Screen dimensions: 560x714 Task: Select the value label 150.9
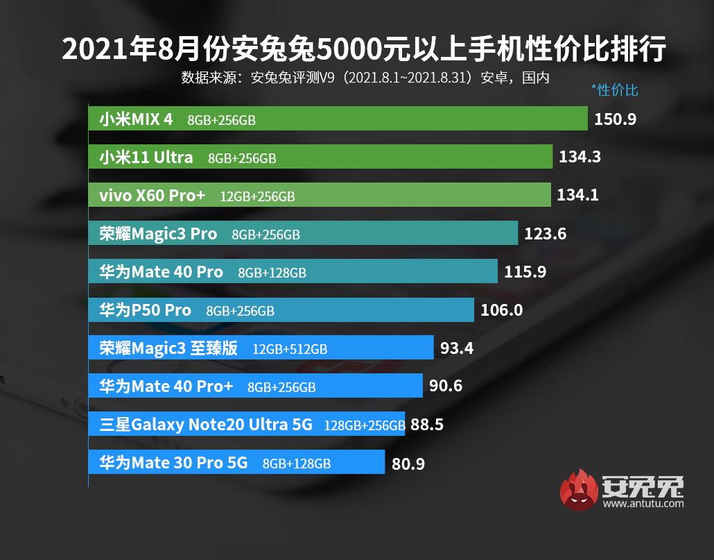pyautogui.click(x=615, y=119)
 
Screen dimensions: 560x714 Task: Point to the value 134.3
pyautogui.click(x=580, y=158)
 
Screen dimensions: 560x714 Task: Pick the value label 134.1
pyautogui.click(x=577, y=196)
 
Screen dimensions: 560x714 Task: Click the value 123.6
pyautogui.click(x=545, y=234)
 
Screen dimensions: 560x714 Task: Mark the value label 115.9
pyautogui.click(x=525, y=272)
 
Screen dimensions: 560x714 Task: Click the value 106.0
pyautogui.click(x=501, y=310)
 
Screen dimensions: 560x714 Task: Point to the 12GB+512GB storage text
pyautogui.click(x=290, y=349)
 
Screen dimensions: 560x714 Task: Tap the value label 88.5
pyautogui.click(x=427, y=424)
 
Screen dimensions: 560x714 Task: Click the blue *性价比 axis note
pyautogui.click(x=614, y=90)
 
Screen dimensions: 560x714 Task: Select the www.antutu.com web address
pyautogui.click(x=643, y=504)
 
